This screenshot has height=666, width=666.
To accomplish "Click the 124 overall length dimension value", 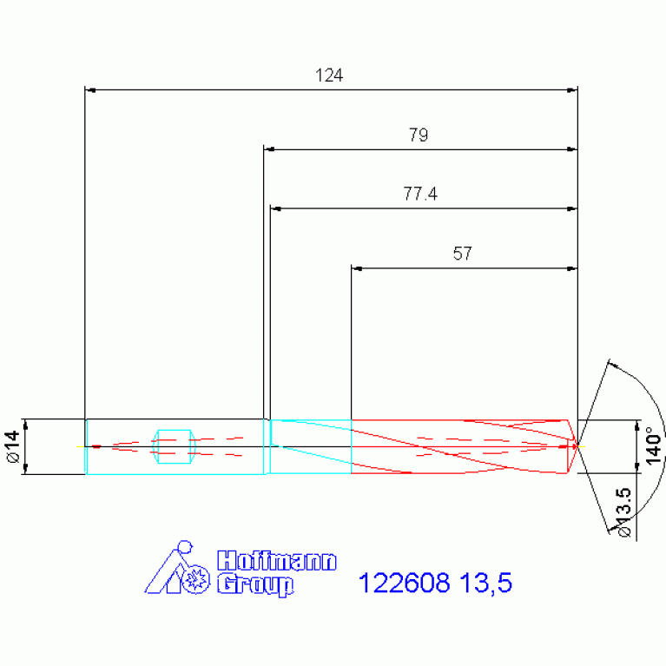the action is tap(329, 76).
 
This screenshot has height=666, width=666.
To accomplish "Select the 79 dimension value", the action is tap(419, 135).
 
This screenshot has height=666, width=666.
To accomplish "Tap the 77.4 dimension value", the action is tap(420, 194).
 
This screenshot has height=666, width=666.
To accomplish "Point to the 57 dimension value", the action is tap(462, 254).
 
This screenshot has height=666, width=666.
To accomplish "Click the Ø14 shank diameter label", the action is tap(14, 446).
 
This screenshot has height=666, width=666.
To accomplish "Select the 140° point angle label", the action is tap(653, 446).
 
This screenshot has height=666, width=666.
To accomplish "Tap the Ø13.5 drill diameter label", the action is tap(623, 512).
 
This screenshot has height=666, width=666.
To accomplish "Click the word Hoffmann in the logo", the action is tap(276, 561).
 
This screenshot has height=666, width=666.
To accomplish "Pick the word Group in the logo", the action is tap(255, 585).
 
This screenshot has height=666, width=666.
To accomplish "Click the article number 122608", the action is tap(404, 583).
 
